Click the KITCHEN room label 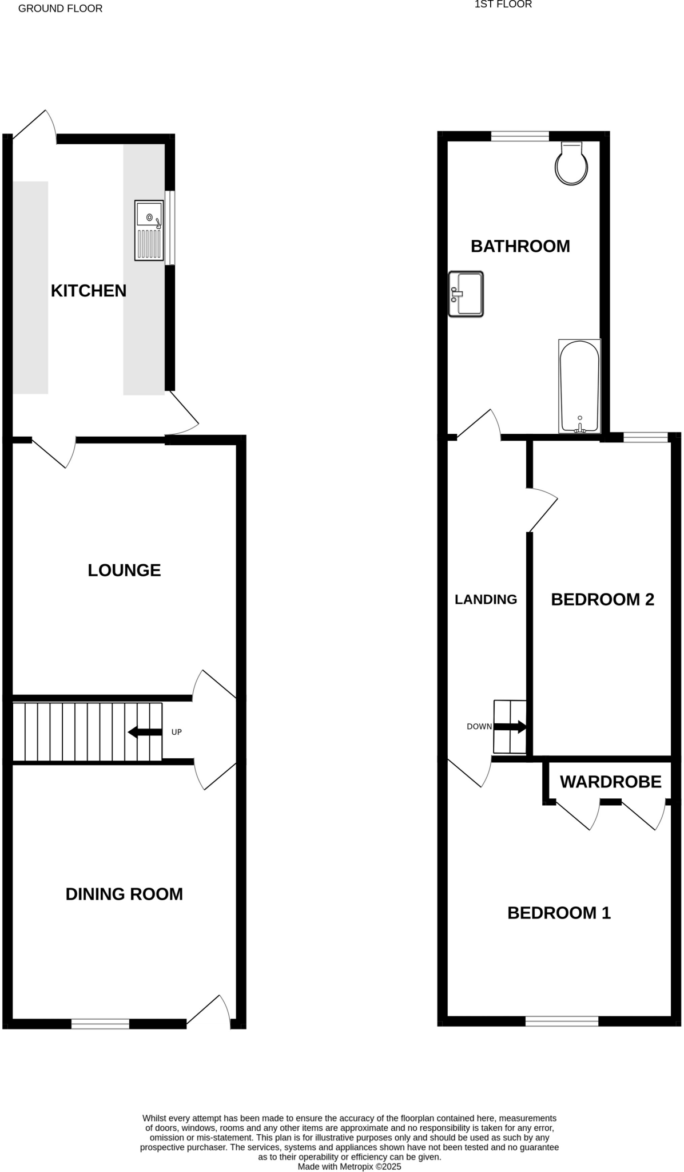89,291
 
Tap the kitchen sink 149,229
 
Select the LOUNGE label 124,570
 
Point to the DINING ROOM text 124,894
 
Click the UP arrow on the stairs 145,732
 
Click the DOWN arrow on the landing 510,727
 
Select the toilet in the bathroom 572,164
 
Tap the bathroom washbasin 467,294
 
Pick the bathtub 579,386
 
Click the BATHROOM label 520,246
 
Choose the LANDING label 486,599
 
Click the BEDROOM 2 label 602,599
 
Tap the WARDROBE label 610,782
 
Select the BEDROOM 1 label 559,913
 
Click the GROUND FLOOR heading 61,9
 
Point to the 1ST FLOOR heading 503,5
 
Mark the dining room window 100,1024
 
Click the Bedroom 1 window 562,1021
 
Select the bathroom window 520,136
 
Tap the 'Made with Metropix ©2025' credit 349,1166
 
